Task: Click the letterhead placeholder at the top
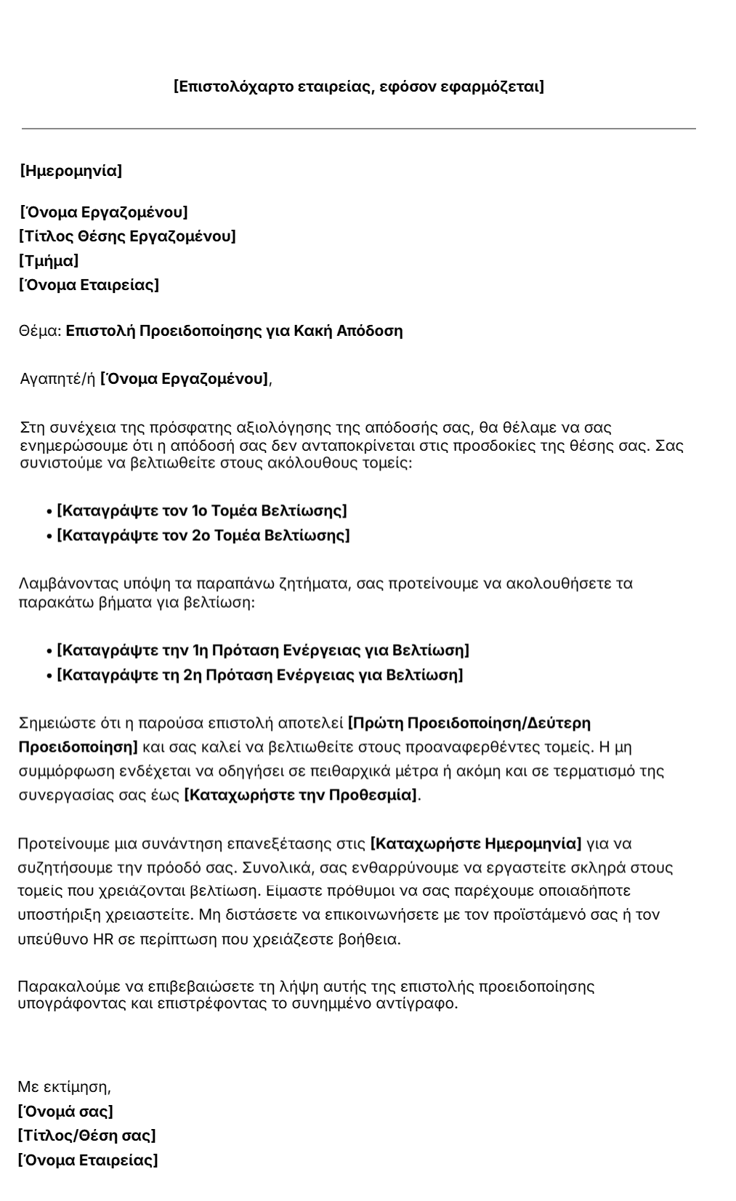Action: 359,87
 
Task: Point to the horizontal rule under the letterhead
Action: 359,129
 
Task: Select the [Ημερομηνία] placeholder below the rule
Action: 70,171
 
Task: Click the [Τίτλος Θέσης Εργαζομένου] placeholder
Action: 127,236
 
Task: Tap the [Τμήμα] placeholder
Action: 49,260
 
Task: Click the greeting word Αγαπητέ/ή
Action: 57,379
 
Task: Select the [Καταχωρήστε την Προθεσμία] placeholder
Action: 301,795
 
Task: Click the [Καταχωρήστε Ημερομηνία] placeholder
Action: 476,844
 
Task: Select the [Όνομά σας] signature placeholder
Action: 65,1112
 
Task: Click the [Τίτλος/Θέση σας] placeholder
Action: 86,1136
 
